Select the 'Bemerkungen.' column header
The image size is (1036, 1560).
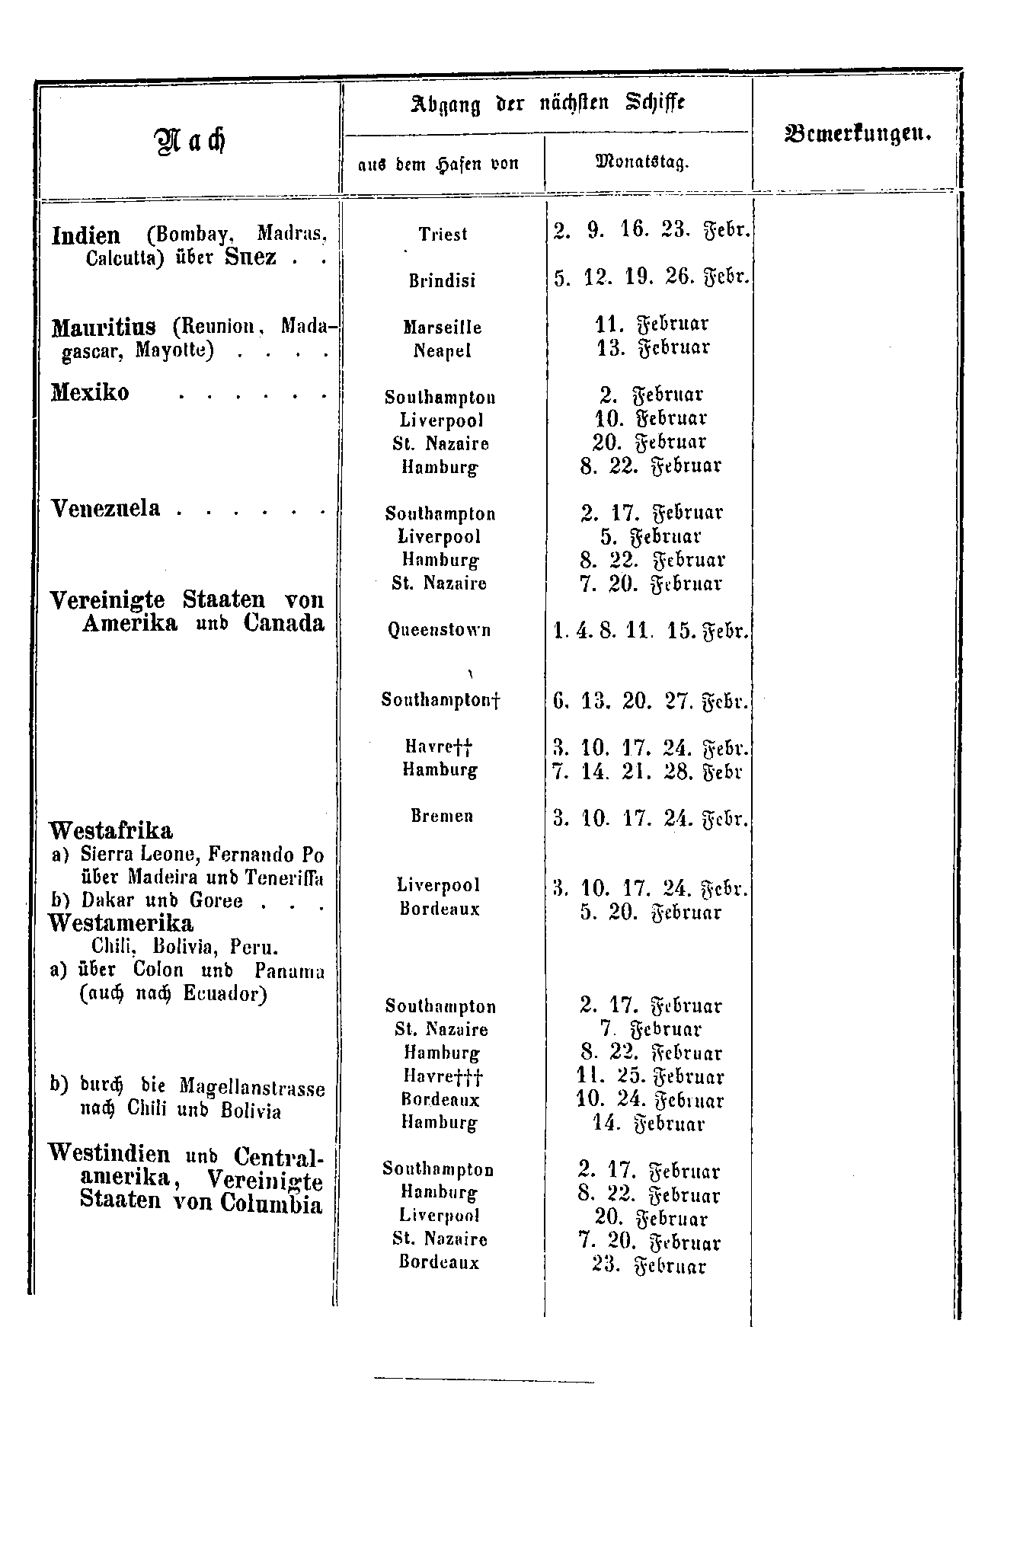[856, 134]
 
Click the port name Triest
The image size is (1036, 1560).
[443, 235]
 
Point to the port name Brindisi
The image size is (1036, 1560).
[442, 281]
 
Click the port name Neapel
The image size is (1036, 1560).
[443, 350]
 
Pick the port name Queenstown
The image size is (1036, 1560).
[440, 631]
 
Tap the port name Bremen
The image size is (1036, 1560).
[442, 816]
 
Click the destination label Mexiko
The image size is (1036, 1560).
[90, 393]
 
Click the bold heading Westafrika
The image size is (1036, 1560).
[110, 830]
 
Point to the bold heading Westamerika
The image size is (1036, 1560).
[121, 923]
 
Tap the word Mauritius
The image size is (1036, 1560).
[104, 328]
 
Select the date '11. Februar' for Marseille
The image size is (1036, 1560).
[651, 324]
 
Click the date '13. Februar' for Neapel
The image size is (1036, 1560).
[651, 347]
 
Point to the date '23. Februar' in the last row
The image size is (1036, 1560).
[649, 1266]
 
